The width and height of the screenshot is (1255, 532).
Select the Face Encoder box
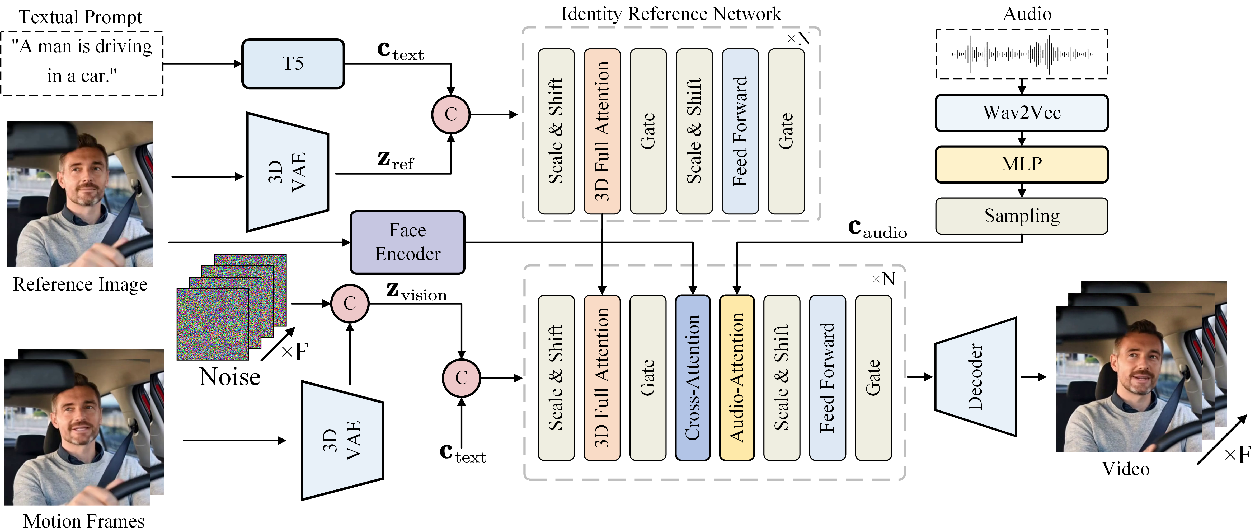pos(408,242)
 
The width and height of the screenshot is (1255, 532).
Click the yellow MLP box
pos(1022,164)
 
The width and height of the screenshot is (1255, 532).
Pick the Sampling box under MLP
pos(1022,216)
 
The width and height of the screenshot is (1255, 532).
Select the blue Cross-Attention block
pos(693,377)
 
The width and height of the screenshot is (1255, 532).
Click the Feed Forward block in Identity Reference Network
pos(740,131)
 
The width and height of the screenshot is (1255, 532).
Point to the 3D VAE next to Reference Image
pos(288,172)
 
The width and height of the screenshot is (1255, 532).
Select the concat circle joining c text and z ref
pos(451,114)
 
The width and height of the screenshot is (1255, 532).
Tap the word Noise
pos(230,377)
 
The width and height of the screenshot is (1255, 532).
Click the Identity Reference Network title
pos(671,14)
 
